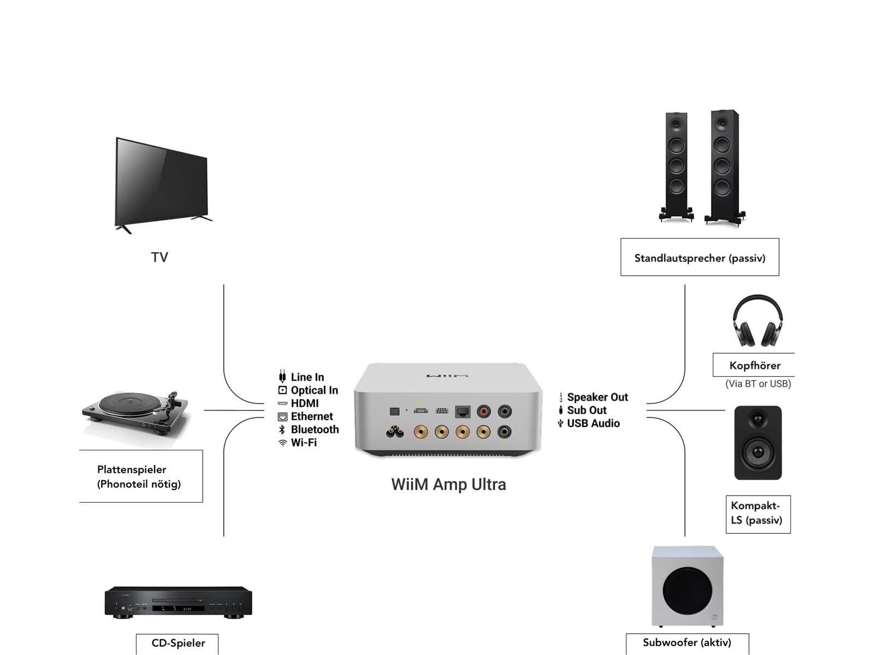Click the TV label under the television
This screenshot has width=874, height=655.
point(160,257)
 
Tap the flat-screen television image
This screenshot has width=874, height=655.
point(162,183)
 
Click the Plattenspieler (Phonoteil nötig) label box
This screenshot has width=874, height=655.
point(140,477)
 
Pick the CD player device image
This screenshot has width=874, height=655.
point(178,602)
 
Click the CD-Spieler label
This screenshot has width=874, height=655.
point(178,643)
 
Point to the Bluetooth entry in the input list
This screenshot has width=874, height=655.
point(314,430)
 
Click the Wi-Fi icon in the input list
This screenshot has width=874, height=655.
point(282,443)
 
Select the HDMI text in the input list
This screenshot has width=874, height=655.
point(304,403)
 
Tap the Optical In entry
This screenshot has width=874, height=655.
point(314,390)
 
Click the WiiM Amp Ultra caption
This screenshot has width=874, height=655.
point(448,484)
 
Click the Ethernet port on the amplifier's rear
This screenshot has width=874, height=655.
point(463,412)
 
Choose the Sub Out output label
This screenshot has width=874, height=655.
point(587,410)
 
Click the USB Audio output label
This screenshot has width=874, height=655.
point(593,424)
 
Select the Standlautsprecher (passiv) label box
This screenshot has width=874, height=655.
point(700,258)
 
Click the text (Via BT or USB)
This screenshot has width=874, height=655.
point(758,384)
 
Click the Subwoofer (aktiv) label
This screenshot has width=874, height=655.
point(687,642)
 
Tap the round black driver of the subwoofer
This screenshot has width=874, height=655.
point(687,591)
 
